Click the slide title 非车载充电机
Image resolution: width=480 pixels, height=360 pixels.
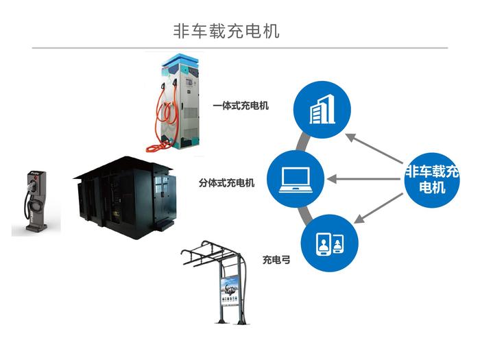226,31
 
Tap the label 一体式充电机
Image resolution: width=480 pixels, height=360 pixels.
241,106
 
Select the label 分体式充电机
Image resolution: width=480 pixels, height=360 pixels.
226,183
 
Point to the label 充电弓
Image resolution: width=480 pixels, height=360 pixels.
276,260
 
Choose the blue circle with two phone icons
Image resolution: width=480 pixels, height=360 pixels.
327,242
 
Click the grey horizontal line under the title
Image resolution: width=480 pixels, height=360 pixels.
240,48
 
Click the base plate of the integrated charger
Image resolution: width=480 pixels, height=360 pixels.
180,147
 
